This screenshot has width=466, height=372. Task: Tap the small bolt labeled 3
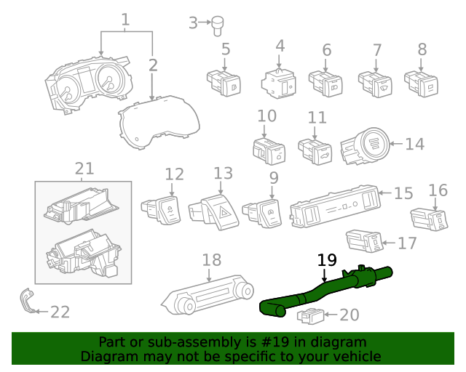point(217,26)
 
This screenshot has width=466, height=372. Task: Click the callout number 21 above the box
point(84,169)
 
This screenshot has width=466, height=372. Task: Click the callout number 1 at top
point(125,19)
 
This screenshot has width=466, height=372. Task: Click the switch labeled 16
point(430,217)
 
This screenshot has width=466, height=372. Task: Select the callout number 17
point(407,243)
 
